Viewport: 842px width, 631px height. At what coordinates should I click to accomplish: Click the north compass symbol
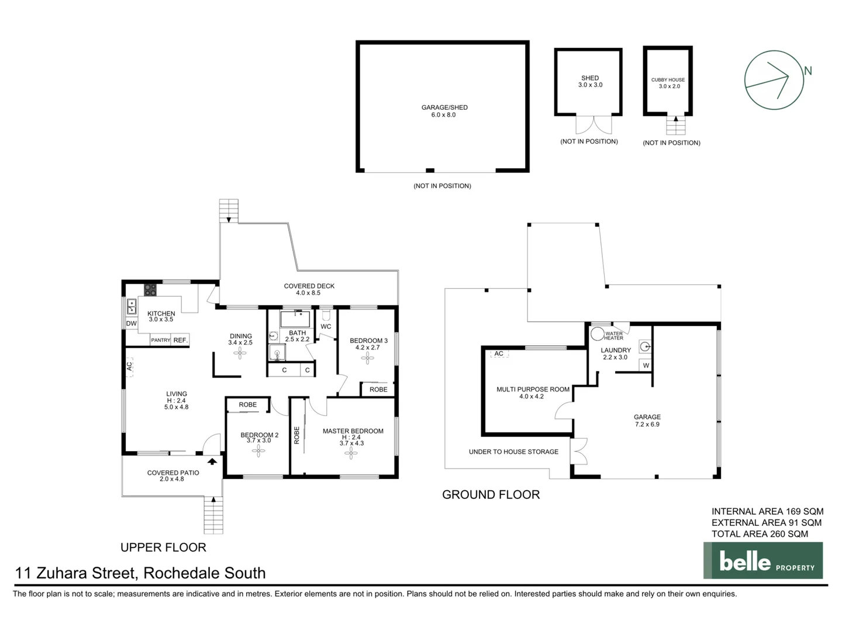(x=774, y=79)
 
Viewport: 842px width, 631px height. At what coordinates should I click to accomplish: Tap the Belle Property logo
(x=762, y=561)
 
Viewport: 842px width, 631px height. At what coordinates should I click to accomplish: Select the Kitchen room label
(x=161, y=314)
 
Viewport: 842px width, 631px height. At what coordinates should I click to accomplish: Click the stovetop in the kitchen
(x=150, y=289)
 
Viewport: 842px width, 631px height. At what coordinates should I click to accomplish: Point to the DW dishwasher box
(x=132, y=324)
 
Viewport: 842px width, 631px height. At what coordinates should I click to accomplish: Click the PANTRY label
(x=160, y=340)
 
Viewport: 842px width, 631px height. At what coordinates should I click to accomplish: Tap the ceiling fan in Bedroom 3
(x=368, y=358)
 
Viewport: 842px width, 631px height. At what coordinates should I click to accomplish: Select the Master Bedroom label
(x=353, y=431)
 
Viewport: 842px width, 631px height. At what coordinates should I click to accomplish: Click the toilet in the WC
(x=326, y=315)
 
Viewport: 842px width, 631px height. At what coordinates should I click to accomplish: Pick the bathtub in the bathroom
(x=297, y=319)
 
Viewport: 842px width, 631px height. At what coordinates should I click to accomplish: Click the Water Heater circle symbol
(x=597, y=334)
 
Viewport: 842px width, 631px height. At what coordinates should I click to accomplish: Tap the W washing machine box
(x=646, y=366)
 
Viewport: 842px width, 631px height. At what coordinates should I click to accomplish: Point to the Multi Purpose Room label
(x=533, y=389)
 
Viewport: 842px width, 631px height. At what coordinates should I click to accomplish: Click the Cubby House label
(x=668, y=80)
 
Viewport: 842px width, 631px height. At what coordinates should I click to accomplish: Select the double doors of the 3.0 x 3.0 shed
(x=593, y=125)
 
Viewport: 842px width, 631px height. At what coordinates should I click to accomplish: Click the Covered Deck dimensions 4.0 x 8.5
(x=308, y=293)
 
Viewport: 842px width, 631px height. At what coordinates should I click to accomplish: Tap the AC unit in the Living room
(x=130, y=366)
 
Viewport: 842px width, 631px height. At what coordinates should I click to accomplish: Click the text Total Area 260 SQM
(x=760, y=534)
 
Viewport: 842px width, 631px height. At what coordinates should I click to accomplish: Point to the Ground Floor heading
(x=491, y=495)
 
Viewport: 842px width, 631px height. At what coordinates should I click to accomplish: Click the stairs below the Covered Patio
(x=213, y=515)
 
